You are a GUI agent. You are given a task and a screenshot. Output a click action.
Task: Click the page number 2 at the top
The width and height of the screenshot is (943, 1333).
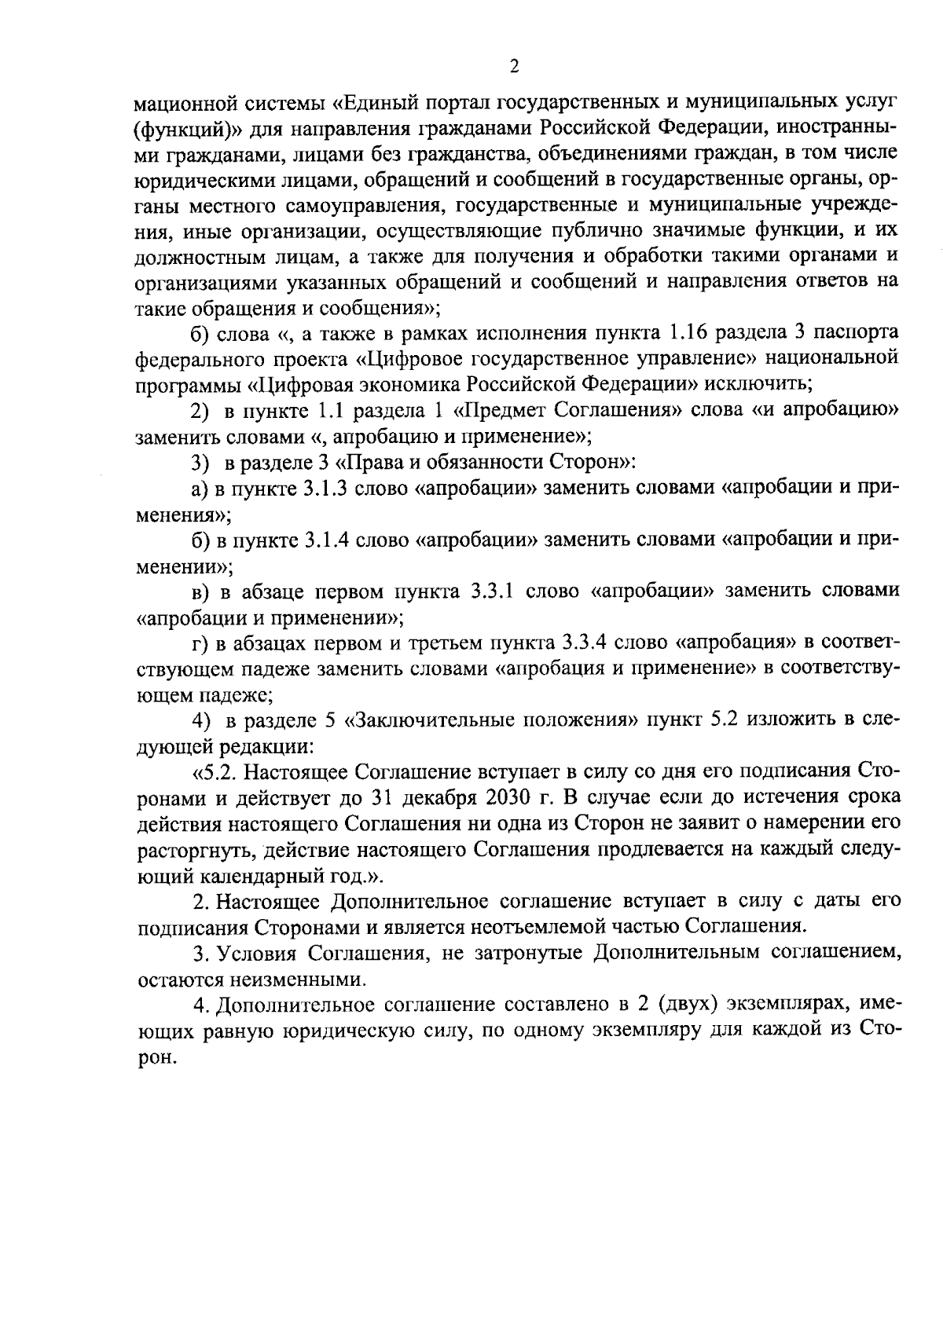514,67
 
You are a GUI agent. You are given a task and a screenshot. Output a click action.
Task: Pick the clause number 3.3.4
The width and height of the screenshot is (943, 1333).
585,643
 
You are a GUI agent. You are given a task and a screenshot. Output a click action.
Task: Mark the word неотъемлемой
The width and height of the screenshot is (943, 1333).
538,926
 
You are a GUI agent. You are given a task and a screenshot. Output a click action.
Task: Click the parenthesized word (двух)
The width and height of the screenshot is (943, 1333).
688,1003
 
